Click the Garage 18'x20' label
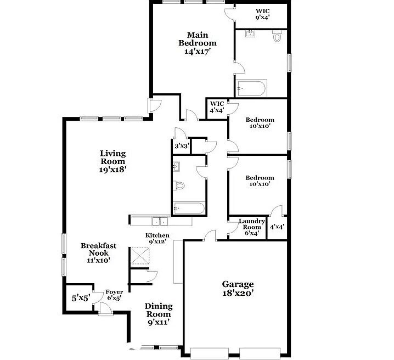pos(238,289)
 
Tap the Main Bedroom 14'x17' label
pos(198,43)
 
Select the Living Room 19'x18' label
pos(112,161)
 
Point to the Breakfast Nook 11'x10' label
pos(98,253)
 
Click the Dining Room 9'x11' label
pos(158,314)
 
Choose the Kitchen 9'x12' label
pos(157,239)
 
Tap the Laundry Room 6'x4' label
pos(252,227)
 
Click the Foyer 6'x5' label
pos(114,295)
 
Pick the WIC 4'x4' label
pos(217,107)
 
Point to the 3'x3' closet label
pos(182,146)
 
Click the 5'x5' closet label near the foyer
pos(80,299)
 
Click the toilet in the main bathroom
pos(277,36)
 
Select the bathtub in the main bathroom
pos(251,88)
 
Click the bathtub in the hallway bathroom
pos(189,208)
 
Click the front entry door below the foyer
pos(105,310)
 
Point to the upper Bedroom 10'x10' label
pos(260,123)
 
